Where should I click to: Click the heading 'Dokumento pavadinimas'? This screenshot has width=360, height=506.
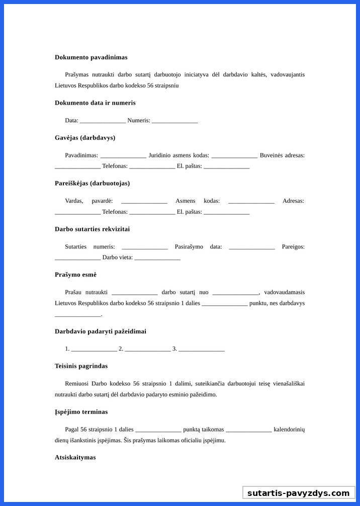click(91, 57)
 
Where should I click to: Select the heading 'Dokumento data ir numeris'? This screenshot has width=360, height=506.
click(95, 103)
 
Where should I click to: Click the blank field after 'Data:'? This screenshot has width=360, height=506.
click(103, 121)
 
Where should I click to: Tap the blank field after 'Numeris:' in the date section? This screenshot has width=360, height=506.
click(174, 121)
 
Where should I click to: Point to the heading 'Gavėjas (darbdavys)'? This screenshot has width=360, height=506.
click(85, 138)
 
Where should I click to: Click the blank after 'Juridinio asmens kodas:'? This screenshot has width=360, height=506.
click(234, 156)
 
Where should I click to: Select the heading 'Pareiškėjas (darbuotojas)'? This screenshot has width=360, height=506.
click(92, 184)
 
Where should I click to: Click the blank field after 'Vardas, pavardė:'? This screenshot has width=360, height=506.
click(144, 202)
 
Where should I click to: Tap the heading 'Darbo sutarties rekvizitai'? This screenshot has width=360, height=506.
click(92, 229)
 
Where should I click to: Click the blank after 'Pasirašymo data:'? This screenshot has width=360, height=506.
click(252, 247)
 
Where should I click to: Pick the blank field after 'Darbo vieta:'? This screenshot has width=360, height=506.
click(157, 258)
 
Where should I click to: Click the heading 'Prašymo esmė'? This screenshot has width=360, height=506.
click(75, 275)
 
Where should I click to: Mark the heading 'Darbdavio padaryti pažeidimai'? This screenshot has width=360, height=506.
click(101, 331)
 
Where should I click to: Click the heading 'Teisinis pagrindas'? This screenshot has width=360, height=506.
click(81, 366)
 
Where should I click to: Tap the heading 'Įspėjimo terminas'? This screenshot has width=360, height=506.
click(81, 412)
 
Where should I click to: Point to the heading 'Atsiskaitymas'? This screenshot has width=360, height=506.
click(75, 458)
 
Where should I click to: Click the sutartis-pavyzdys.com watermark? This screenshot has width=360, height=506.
click(299, 493)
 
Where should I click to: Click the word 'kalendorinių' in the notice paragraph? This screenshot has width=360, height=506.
click(289, 430)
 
